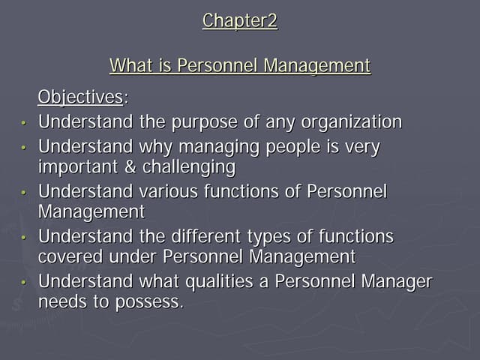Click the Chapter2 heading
pyautogui.click(x=240, y=21)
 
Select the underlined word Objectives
pyautogui.click(x=80, y=97)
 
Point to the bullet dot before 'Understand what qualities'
pyautogui.click(x=24, y=283)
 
